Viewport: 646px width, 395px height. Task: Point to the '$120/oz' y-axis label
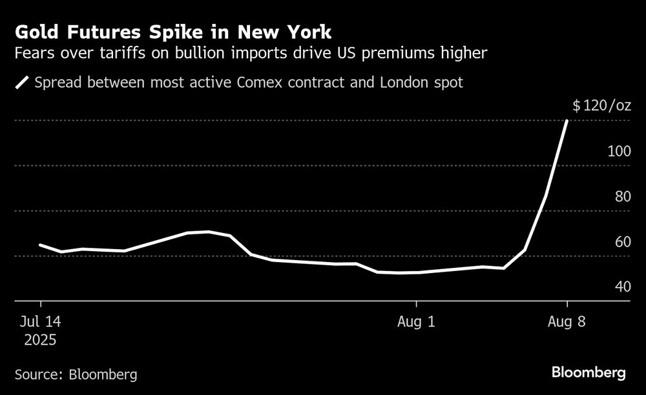[601, 106]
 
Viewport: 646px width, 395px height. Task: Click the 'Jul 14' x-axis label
[39, 321]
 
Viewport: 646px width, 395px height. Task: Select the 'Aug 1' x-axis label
[417, 321]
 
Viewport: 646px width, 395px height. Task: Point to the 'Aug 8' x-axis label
[567, 321]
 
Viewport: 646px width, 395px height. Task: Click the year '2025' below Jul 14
[39, 339]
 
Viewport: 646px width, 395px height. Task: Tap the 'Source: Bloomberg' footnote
[76, 374]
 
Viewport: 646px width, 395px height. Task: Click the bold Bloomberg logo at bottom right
[589, 372]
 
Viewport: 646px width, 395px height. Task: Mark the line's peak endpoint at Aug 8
[567, 121]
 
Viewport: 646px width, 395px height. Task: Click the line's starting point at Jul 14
[40, 245]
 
